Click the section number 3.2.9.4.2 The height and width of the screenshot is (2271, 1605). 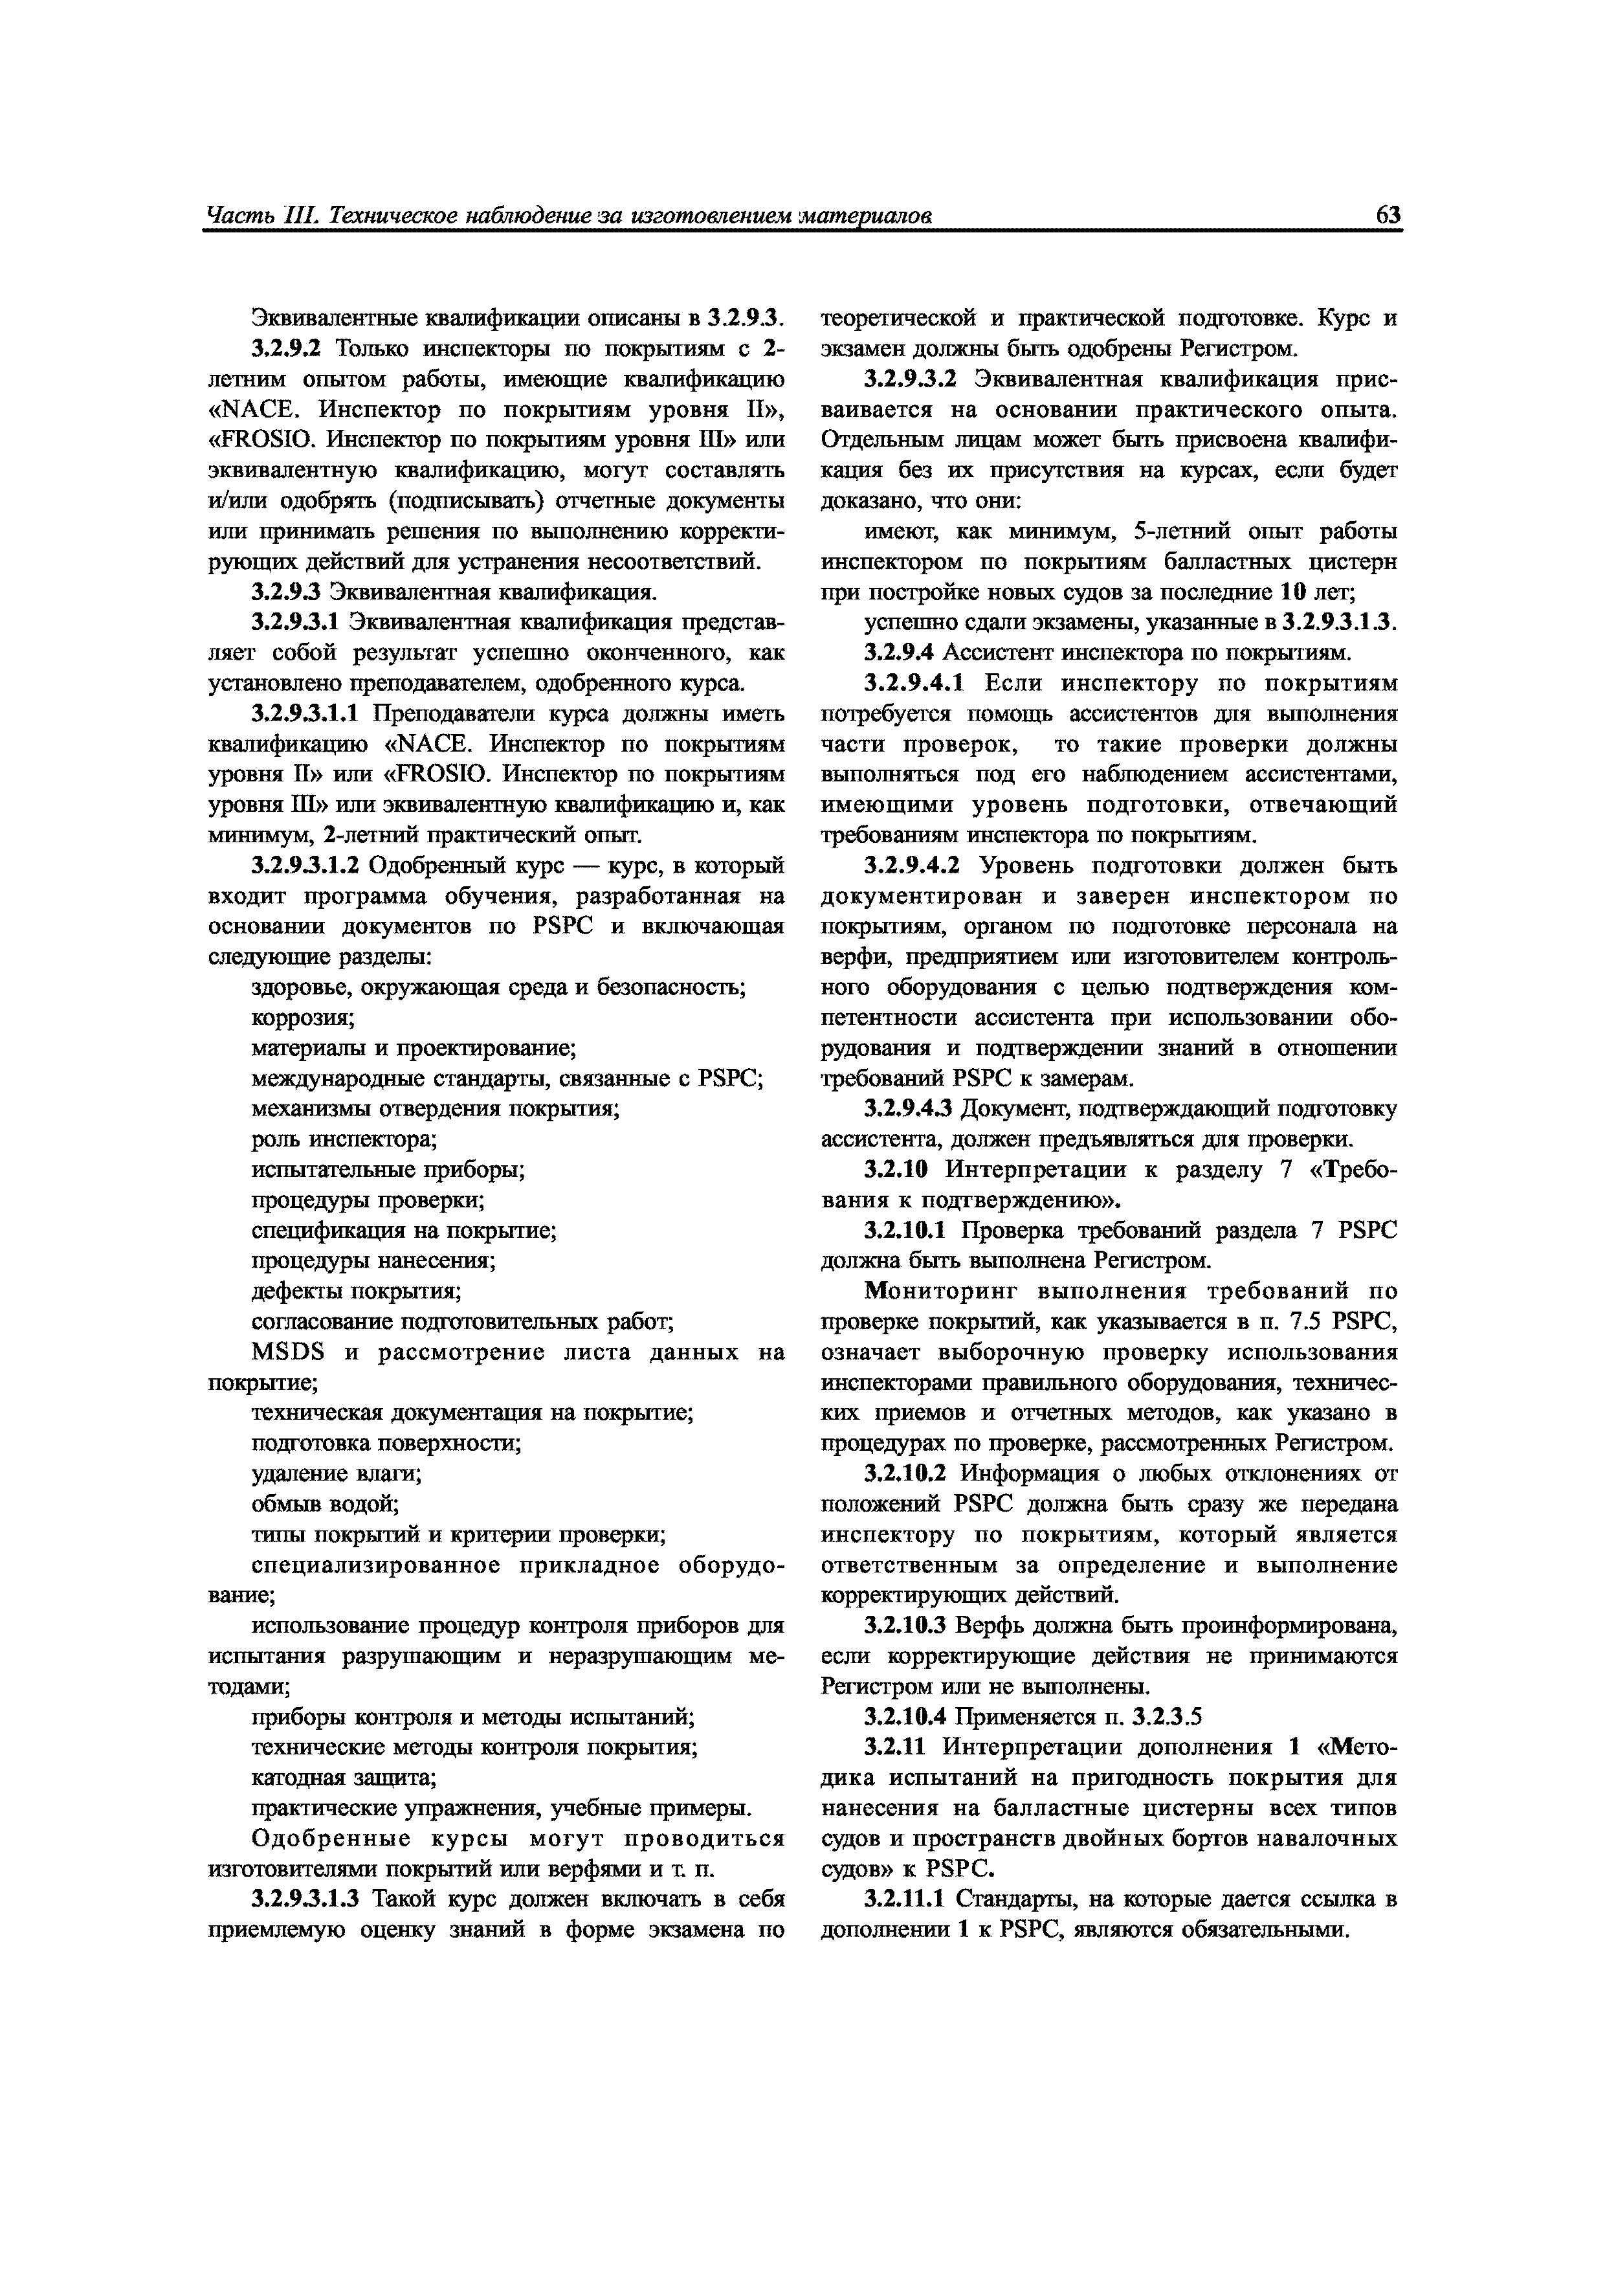tap(913, 866)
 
